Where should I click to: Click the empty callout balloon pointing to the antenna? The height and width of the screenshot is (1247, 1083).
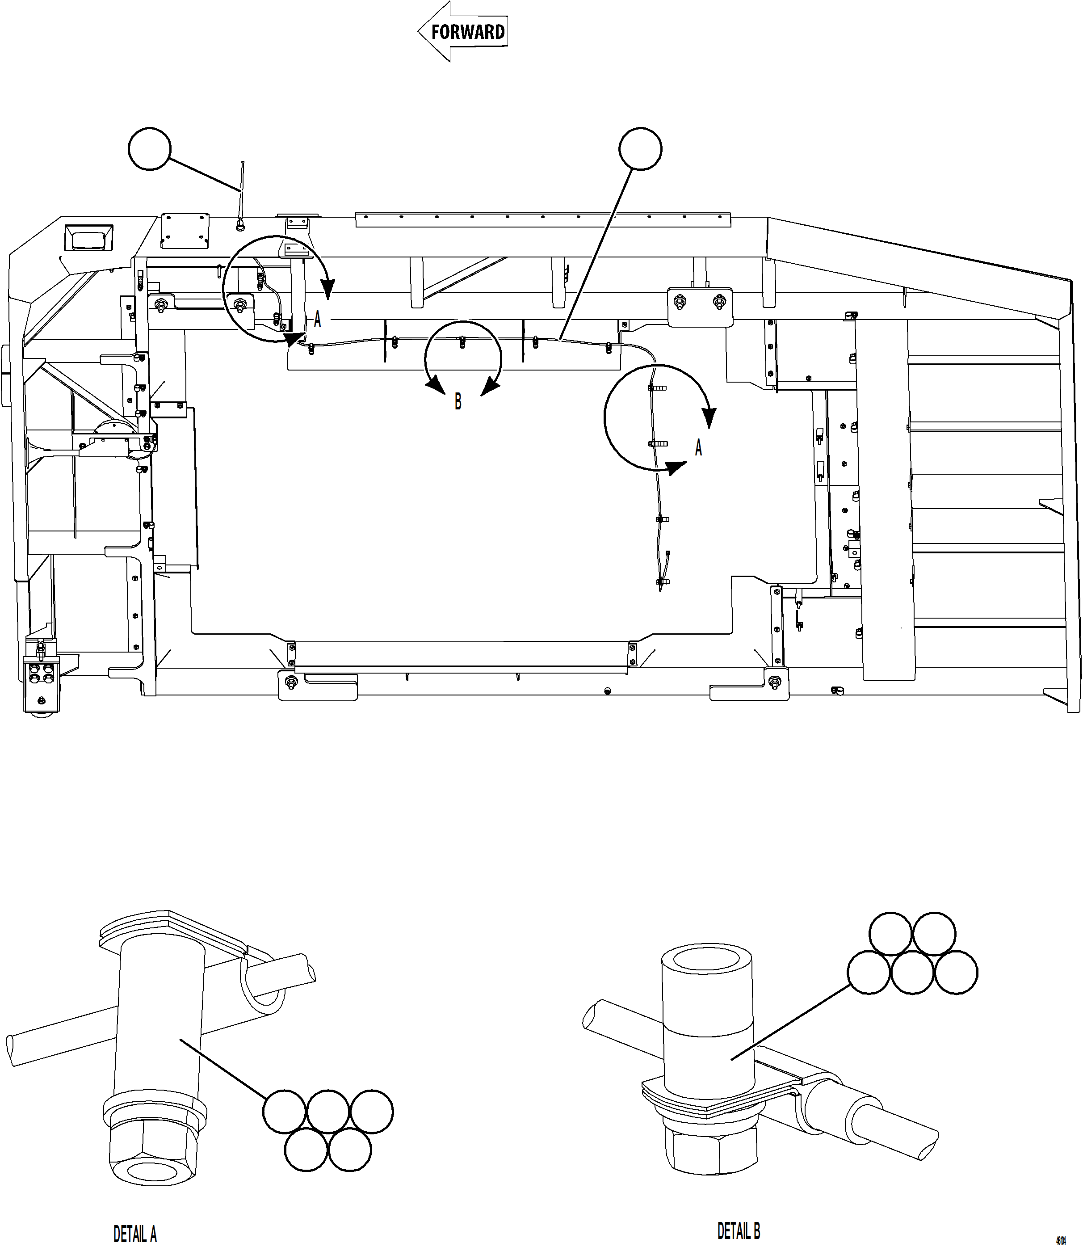pos(150,148)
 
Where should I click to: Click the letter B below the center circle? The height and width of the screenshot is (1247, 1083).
pos(458,401)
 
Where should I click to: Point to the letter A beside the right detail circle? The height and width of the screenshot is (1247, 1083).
pos(699,448)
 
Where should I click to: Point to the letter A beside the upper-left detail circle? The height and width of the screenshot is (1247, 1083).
pos(317,319)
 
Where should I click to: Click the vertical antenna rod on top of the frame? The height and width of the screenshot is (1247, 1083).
pos(242,187)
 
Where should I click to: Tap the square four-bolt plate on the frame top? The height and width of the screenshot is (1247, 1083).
pos(185,230)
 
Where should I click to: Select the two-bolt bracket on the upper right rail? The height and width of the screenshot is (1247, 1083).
pos(700,305)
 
